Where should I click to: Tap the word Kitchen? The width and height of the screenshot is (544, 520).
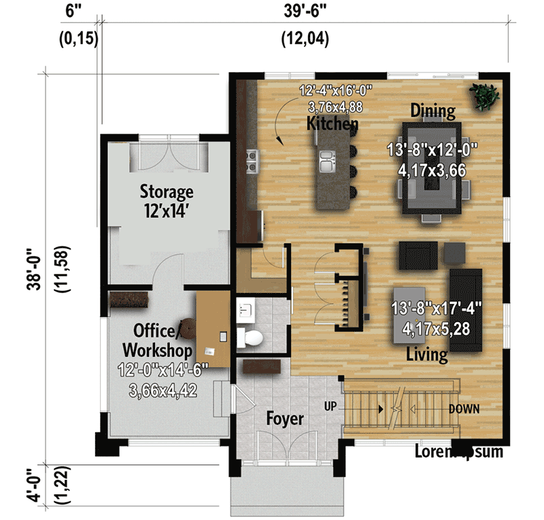click(333, 124)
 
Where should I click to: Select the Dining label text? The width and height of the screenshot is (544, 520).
click(432, 110)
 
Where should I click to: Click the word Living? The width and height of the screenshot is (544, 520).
click(427, 354)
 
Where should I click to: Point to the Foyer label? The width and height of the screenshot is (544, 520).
click(285, 419)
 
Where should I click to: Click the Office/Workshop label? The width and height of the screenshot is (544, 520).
click(157, 340)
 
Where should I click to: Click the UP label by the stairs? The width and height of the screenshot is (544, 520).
click(330, 406)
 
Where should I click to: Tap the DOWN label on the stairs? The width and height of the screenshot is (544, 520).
click(464, 409)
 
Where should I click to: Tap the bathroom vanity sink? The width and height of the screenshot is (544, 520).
click(247, 311)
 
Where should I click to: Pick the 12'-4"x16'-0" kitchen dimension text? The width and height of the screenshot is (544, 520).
click(336, 90)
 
